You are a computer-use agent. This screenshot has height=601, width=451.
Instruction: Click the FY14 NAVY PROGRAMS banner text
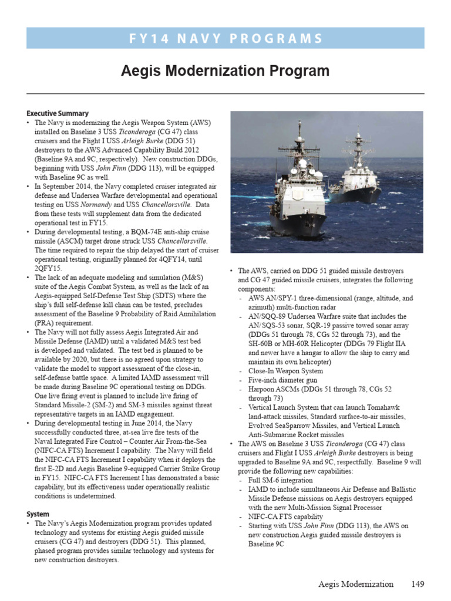225,39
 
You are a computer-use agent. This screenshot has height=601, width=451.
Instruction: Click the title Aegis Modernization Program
225,71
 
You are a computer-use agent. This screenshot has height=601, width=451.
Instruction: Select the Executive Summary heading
58,113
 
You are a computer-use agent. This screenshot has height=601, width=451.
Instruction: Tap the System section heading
38,514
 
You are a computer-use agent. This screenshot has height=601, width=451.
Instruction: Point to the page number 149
417,584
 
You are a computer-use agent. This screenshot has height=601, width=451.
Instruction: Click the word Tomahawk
381,407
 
